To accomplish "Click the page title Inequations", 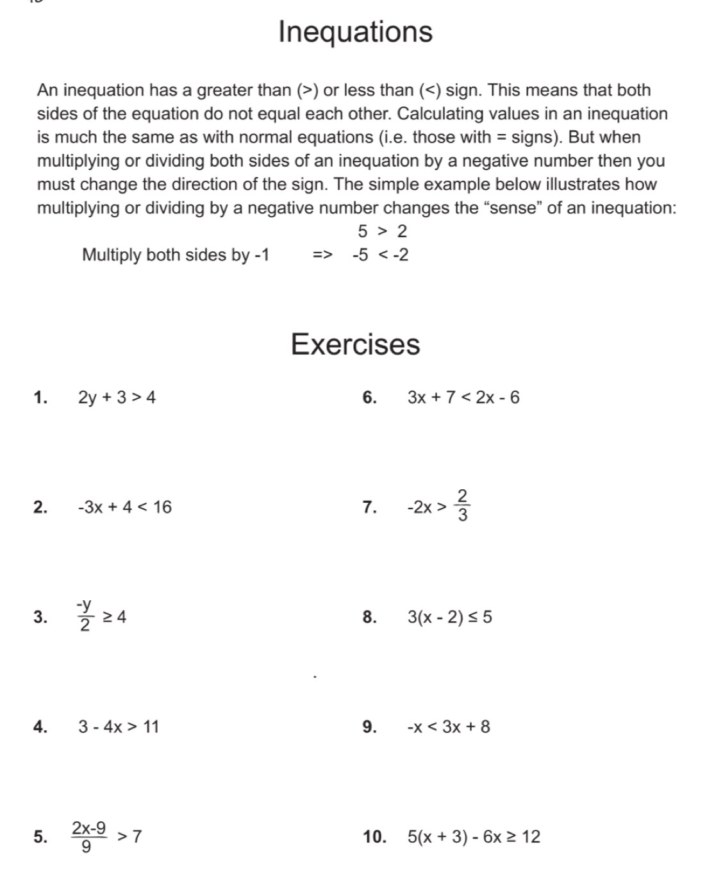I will tap(355, 32).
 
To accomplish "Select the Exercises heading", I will tap(355, 344).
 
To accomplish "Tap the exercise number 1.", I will tap(40, 398).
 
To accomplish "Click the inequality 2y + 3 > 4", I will tap(117, 398).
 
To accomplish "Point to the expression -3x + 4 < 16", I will tap(124, 507).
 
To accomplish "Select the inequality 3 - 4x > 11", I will tap(119, 726).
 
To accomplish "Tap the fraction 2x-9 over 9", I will tap(89, 836).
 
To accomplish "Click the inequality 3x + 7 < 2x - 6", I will tap(463, 398).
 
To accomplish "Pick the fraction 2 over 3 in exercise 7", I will tap(462, 507).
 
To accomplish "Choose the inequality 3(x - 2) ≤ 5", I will tap(450, 617).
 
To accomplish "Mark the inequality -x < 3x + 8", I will tap(449, 726).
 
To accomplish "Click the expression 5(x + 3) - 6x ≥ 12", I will tap(474, 837).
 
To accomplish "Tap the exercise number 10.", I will tap(374, 837).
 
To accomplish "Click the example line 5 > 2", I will tap(382, 231).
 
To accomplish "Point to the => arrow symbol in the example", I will tap(322, 255).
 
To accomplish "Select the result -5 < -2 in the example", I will tap(380, 255).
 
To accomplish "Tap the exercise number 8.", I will tap(369, 617).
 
